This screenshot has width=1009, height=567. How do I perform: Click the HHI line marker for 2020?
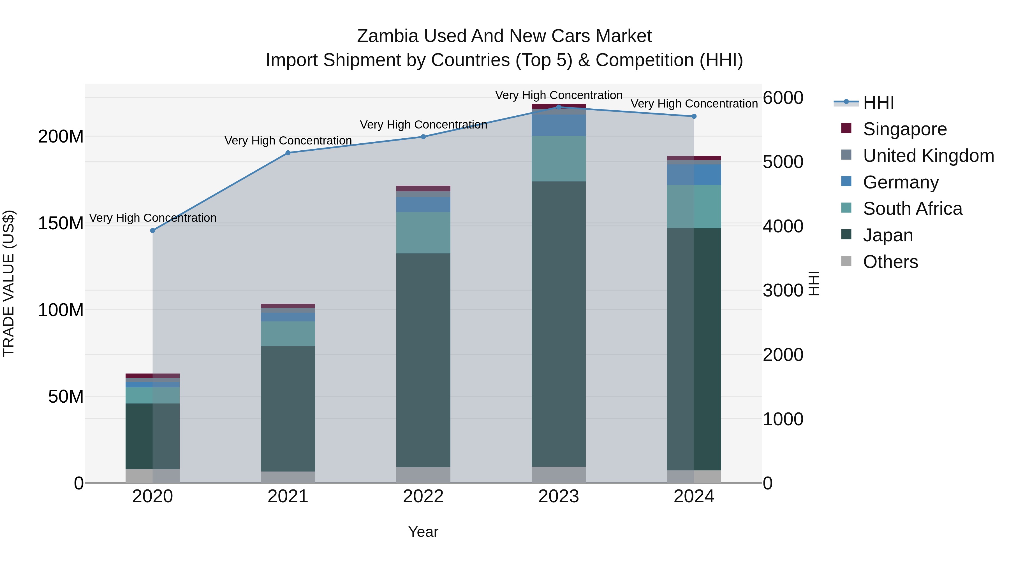[153, 230]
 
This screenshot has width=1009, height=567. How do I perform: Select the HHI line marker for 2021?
[288, 153]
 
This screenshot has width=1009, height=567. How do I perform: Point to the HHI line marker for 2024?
[694, 116]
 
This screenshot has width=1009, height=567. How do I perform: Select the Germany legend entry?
[901, 182]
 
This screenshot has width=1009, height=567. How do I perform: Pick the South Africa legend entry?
[912, 209]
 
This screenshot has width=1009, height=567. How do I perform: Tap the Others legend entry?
[890, 262]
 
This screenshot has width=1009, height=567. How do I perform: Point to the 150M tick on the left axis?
[61, 223]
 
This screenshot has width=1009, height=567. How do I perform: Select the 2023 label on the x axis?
[559, 496]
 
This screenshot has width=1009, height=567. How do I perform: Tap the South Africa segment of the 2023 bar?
[559, 158]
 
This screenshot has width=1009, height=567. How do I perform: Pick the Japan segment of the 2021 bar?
[288, 409]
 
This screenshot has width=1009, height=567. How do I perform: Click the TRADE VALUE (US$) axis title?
[9, 283]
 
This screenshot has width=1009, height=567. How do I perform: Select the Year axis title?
[423, 532]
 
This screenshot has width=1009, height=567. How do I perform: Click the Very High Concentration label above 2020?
[153, 218]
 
